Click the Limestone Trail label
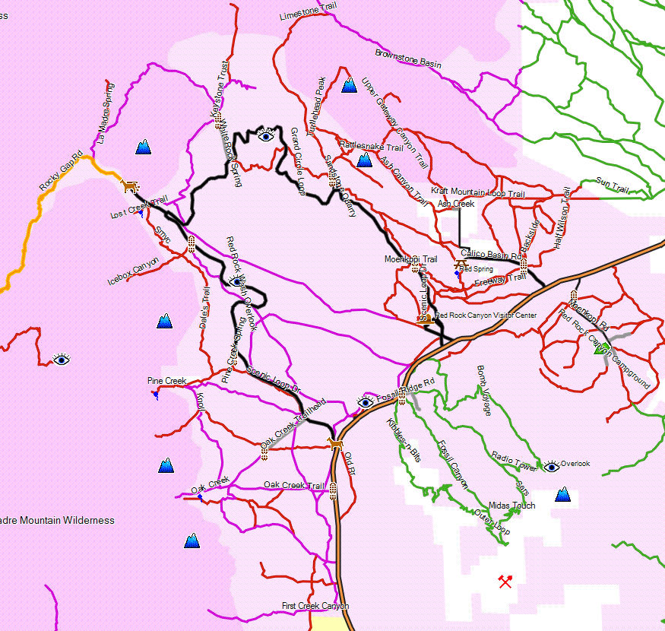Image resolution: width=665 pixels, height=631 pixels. [308, 11]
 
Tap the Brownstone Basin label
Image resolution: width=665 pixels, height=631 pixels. [408, 59]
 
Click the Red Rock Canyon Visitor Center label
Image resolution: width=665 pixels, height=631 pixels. [486, 315]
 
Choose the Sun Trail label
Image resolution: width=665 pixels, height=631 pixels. [613, 184]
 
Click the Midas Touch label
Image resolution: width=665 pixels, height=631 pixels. [511, 506]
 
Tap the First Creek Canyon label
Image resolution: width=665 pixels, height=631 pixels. [315, 606]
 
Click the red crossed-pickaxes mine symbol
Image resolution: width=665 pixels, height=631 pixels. [505, 582]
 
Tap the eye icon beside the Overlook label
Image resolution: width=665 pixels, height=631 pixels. [552, 466]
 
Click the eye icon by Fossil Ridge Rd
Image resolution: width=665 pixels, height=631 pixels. [366, 402]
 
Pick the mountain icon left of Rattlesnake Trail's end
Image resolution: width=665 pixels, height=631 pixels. [364, 160]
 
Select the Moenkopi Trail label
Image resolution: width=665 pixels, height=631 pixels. [411, 259]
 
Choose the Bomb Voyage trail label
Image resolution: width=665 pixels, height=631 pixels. [484, 390]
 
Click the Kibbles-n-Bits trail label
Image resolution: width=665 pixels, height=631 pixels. [404, 440]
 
